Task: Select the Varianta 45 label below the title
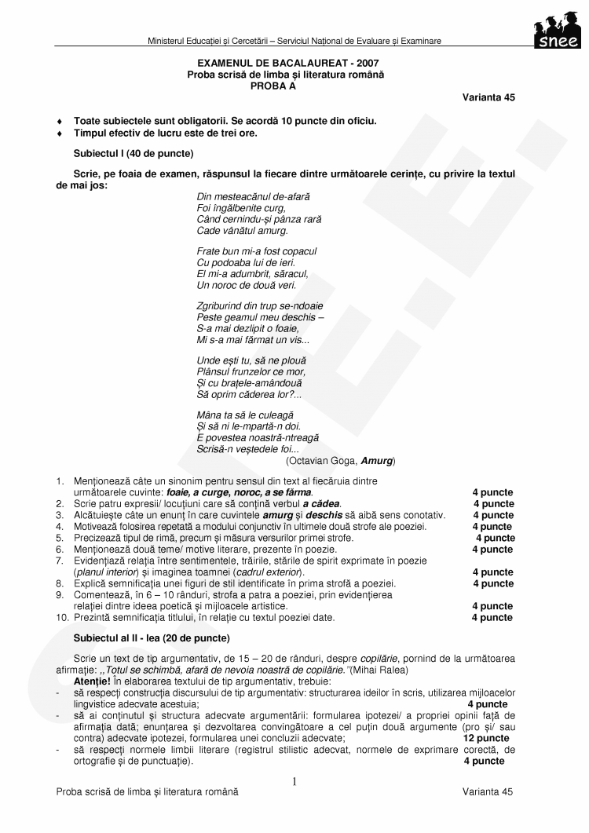[488, 97]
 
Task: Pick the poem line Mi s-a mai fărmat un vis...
[253, 341]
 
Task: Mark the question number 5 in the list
[60, 538]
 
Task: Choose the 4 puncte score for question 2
[493, 503]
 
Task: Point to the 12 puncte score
[486, 738]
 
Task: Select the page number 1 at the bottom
[294, 781]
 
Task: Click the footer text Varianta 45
[488, 792]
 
